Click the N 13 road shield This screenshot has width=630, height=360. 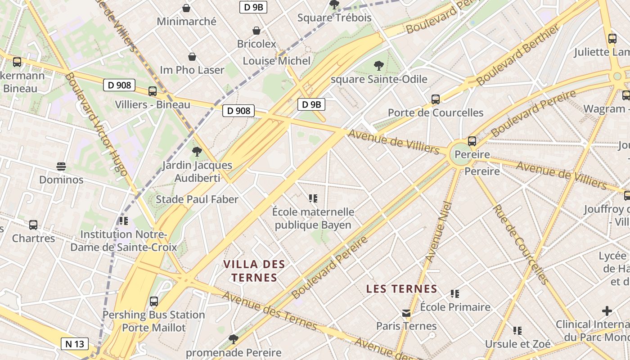click(x=75, y=344)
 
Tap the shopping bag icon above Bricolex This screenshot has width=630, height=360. click(x=256, y=31)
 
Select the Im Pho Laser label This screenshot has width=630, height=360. click(x=192, y=70)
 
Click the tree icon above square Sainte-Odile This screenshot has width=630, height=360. click(x=379, y=66)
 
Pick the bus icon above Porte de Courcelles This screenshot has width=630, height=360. click(x=435, y=99)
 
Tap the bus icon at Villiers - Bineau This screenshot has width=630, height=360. click(x=153, y=91)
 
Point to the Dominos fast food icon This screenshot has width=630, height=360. click(x=61, y=166)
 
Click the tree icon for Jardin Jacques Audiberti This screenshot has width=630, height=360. click(x=197, y=152)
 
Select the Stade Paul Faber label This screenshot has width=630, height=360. click(x=197, y=199)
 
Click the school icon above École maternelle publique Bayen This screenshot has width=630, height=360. click(x=313, y=198)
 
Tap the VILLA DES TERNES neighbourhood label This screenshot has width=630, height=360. click(x=254, y=270)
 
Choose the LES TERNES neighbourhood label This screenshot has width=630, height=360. click(x=401, y=289)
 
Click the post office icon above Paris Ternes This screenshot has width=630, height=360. click(x=406, y=313)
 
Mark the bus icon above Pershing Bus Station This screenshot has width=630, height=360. click(x=154, y=301)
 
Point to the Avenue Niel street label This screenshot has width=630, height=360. click(x=438, y=232)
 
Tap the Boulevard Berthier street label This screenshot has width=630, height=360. click(x=518, y=55)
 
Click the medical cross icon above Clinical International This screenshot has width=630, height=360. click(x=607, y=311)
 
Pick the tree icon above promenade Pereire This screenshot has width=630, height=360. click(x=233, y=339)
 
